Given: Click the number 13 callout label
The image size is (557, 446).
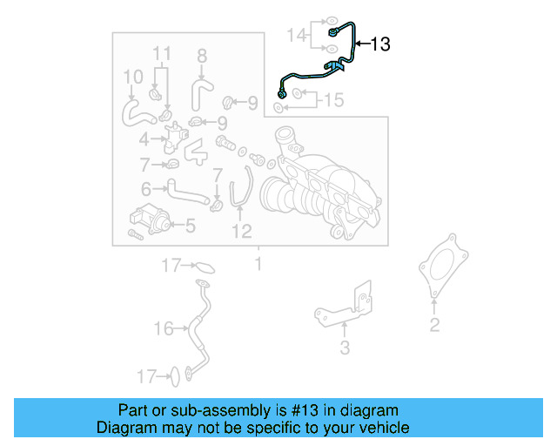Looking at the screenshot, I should click(380, 44).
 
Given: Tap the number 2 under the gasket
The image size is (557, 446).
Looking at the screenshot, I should click(434, 326).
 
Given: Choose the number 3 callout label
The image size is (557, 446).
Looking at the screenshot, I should click(345, 348).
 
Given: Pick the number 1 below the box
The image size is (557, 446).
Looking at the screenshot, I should click(258, 263).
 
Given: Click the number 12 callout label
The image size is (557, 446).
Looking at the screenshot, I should click(241, 231).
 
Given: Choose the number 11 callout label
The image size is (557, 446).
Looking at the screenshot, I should click(159, 55).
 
